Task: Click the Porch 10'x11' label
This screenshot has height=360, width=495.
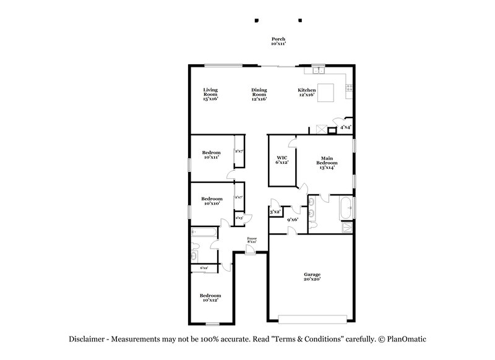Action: pos(278,41)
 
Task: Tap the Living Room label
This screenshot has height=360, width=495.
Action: pos(210,94)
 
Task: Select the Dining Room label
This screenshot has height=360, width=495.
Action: pos(259,94)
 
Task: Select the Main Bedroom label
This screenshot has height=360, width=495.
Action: pos(327,162)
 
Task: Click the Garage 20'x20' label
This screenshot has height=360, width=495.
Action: pos(311,276)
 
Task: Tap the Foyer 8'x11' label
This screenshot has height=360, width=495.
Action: pos(252,239)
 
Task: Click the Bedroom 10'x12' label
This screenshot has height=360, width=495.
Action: pos(210,298)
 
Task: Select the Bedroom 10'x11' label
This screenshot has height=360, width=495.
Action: pos(211,155)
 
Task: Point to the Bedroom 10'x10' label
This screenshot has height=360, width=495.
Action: pos(212,201)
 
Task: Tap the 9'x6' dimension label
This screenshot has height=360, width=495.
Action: pos(292,220)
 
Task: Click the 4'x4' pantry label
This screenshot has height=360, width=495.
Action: pos(345,127)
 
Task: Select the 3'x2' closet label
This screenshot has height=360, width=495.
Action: pos(275,212)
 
